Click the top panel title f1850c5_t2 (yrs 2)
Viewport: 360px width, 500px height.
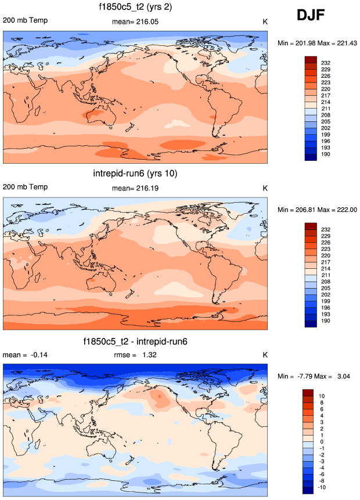(135, 8)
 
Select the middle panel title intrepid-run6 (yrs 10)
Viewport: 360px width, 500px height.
(135, 174)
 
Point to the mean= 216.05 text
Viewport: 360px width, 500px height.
(135, 21)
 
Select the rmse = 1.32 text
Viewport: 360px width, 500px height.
(134, 355)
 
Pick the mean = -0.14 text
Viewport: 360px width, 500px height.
(21, 355)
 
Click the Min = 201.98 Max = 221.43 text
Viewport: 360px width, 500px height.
(316, 43)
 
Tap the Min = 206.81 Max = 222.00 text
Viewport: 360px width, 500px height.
(316, 209)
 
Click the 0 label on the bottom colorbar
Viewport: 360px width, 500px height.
(323, 441)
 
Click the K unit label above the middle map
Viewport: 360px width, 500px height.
(265, 188)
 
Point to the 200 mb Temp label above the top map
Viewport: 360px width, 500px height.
(25, 21)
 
